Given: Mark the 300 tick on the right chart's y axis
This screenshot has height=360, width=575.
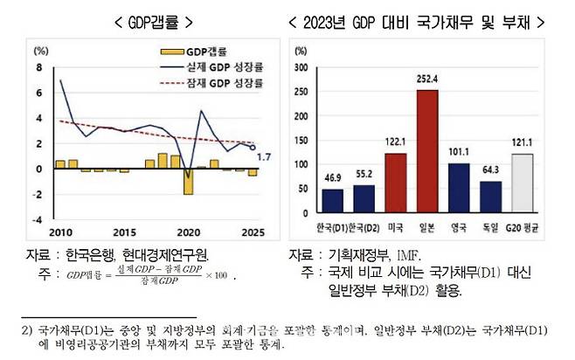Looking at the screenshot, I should [x=301, y=66].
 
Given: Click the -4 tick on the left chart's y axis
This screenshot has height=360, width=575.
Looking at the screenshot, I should [x=38, y=220].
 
